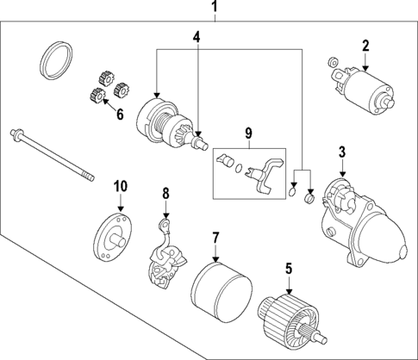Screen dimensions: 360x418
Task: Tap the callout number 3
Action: pyautogui.click(x=342, y=153)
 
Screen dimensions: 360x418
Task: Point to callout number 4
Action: pyautogui.click(x=197, y=37)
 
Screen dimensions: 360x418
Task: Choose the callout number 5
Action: pyautogui.click(x=289, y=268)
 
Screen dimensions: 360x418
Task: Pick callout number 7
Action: pyautogui.click(x=216, y=236)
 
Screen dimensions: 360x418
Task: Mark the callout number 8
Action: pyautogui.click(x=167, y=194)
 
